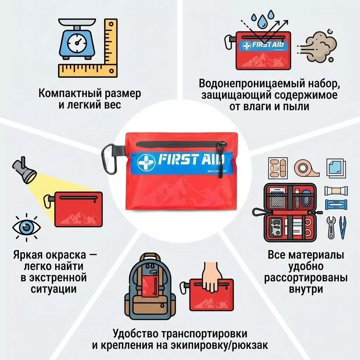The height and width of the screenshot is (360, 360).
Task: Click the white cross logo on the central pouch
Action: pyautogui.click(x=146, y=162)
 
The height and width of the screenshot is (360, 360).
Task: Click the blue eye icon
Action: pyautogui.click(x=26, y=227)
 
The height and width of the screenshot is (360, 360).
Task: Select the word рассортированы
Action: pyautogui.click(x=306, y=278)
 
